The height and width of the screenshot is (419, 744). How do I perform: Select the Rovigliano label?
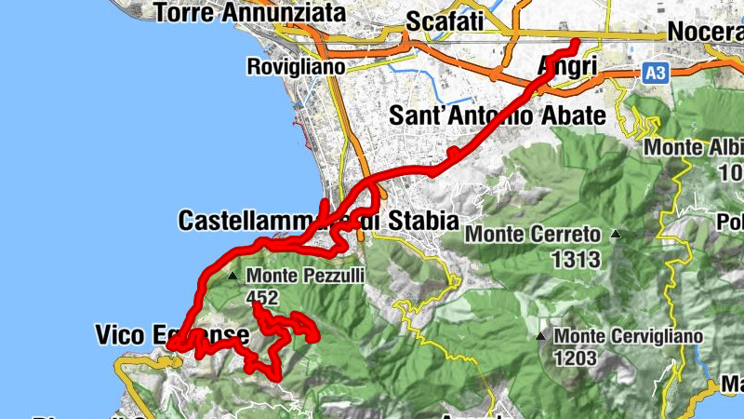295,67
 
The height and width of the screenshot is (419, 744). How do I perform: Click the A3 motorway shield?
656,71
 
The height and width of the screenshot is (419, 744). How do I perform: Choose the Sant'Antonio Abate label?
497,115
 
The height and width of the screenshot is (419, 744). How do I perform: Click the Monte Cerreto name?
532,235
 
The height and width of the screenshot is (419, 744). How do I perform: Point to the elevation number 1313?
576,259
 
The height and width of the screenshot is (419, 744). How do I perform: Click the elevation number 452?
263,298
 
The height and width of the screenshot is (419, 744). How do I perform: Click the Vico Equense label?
172,334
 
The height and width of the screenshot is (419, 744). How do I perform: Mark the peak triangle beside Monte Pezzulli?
232,276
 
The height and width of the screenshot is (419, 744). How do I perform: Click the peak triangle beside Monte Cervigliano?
541,336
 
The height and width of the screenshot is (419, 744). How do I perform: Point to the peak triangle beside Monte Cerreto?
615,235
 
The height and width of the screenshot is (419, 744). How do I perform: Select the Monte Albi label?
694,148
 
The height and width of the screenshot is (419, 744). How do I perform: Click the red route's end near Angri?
575,42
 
